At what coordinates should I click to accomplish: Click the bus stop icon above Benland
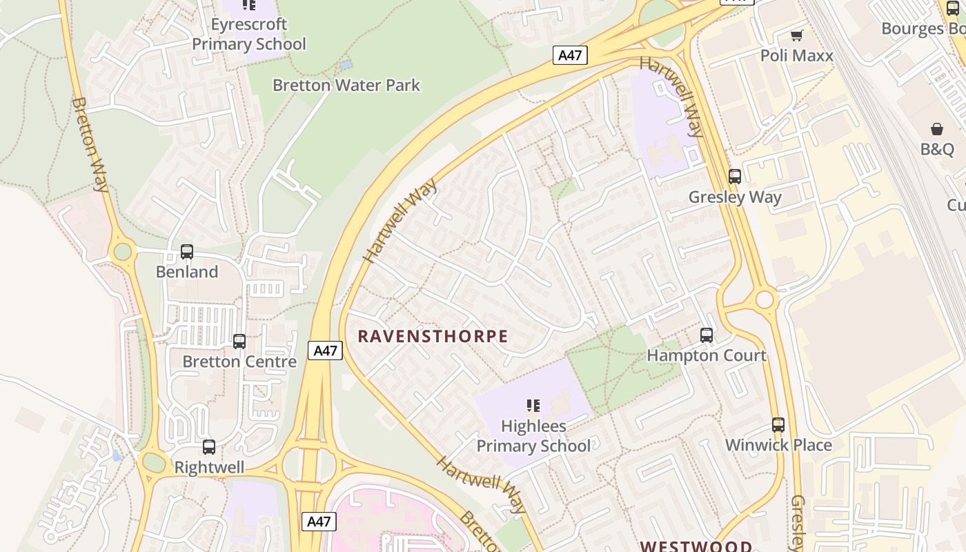tap(187, 252)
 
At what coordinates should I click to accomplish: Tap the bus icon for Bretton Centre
tap(239, 341)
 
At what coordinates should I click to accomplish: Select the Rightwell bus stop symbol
tap(209, 447)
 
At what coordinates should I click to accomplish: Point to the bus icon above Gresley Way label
tap(735, 177)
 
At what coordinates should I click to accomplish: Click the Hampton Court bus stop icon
tap(707, 335)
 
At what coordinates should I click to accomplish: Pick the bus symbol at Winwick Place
tap(778, 425)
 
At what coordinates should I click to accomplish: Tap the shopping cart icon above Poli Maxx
tap(797, 35)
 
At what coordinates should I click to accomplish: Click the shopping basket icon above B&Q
tap(937, 129)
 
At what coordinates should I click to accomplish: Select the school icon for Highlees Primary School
tap(533, 405)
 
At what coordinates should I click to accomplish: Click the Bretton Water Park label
tap(346, 86)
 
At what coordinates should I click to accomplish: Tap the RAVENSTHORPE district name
tap(433, 337)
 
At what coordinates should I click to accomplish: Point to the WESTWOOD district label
tap(696, 546)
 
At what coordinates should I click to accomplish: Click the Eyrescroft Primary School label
tap(249, 34)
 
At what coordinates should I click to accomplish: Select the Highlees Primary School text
tap(533, 436)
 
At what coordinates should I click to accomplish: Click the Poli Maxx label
tap(797, 56)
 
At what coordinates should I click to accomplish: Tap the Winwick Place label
tap(778, 445)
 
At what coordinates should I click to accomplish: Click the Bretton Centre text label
tap(239, 362)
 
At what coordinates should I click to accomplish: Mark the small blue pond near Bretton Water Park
tap(346, 65)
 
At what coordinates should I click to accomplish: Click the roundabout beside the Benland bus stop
tap(123, 252)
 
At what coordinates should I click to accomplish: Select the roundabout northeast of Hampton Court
tap(765, 299)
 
